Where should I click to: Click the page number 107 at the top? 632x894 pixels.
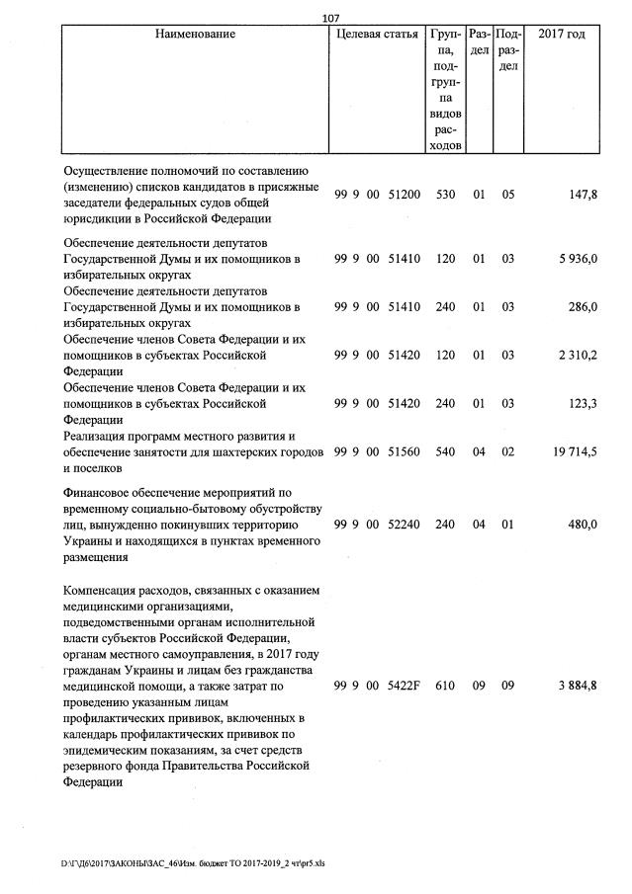pyautogui.click(x=331, y=18)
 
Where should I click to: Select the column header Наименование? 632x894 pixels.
pyautogui.click(x=195, y=35)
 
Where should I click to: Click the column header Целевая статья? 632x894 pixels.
pyautogui.click(x=378, y=35)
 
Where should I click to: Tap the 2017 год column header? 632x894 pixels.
pyautogui.click(x=561, y=35)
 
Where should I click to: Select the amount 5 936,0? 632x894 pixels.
pyautogui.click(x=577, y=259)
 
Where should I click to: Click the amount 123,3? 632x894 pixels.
pyautogui.click(x=581, y=403)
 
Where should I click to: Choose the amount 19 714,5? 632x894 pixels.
pyautogui.click(x=574, y=451)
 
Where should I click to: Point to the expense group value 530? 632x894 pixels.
pyautogui.click(x=446, y=195)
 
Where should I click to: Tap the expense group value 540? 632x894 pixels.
pyautogui.click(x=446, y=451)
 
